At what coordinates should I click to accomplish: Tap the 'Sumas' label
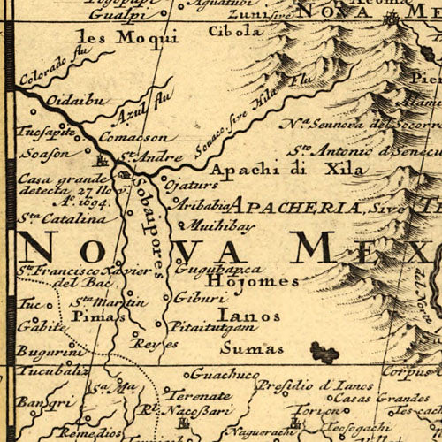pyautogui.click(x=240, y=348)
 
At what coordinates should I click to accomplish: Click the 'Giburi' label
pyautogui.click(x=190, y=297)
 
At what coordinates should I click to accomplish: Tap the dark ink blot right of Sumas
pyautogui.click(x=324, y=354)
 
